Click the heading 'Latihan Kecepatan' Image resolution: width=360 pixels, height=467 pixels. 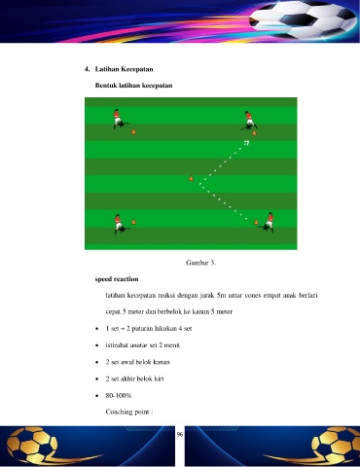[124, 69]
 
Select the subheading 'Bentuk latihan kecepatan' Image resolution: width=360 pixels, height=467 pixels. [133, 86]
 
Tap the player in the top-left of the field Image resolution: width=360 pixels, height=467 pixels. [119, 119]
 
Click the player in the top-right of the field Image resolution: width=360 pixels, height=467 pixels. [250, 121]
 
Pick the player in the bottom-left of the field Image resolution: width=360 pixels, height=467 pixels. [120, 224]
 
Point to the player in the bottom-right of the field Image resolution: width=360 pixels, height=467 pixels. [268, 222]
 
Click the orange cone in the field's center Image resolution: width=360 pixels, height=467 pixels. [191, 178]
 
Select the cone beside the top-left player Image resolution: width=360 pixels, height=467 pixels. [133, 131]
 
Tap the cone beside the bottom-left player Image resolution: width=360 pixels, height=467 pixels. [133, 222]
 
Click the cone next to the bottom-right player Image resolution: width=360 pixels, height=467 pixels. [256, 222]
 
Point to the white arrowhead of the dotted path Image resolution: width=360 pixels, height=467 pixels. [247, 142]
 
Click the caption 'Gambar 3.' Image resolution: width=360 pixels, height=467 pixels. [200, 263]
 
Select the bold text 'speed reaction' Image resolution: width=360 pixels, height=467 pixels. [117, 279]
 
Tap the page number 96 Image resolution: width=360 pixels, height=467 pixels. [180, 434]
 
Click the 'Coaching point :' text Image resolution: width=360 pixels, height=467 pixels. [129, 412]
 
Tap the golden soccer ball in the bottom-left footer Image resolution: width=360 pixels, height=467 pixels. [32, 445]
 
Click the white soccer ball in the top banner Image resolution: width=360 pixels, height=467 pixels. [304, 19]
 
